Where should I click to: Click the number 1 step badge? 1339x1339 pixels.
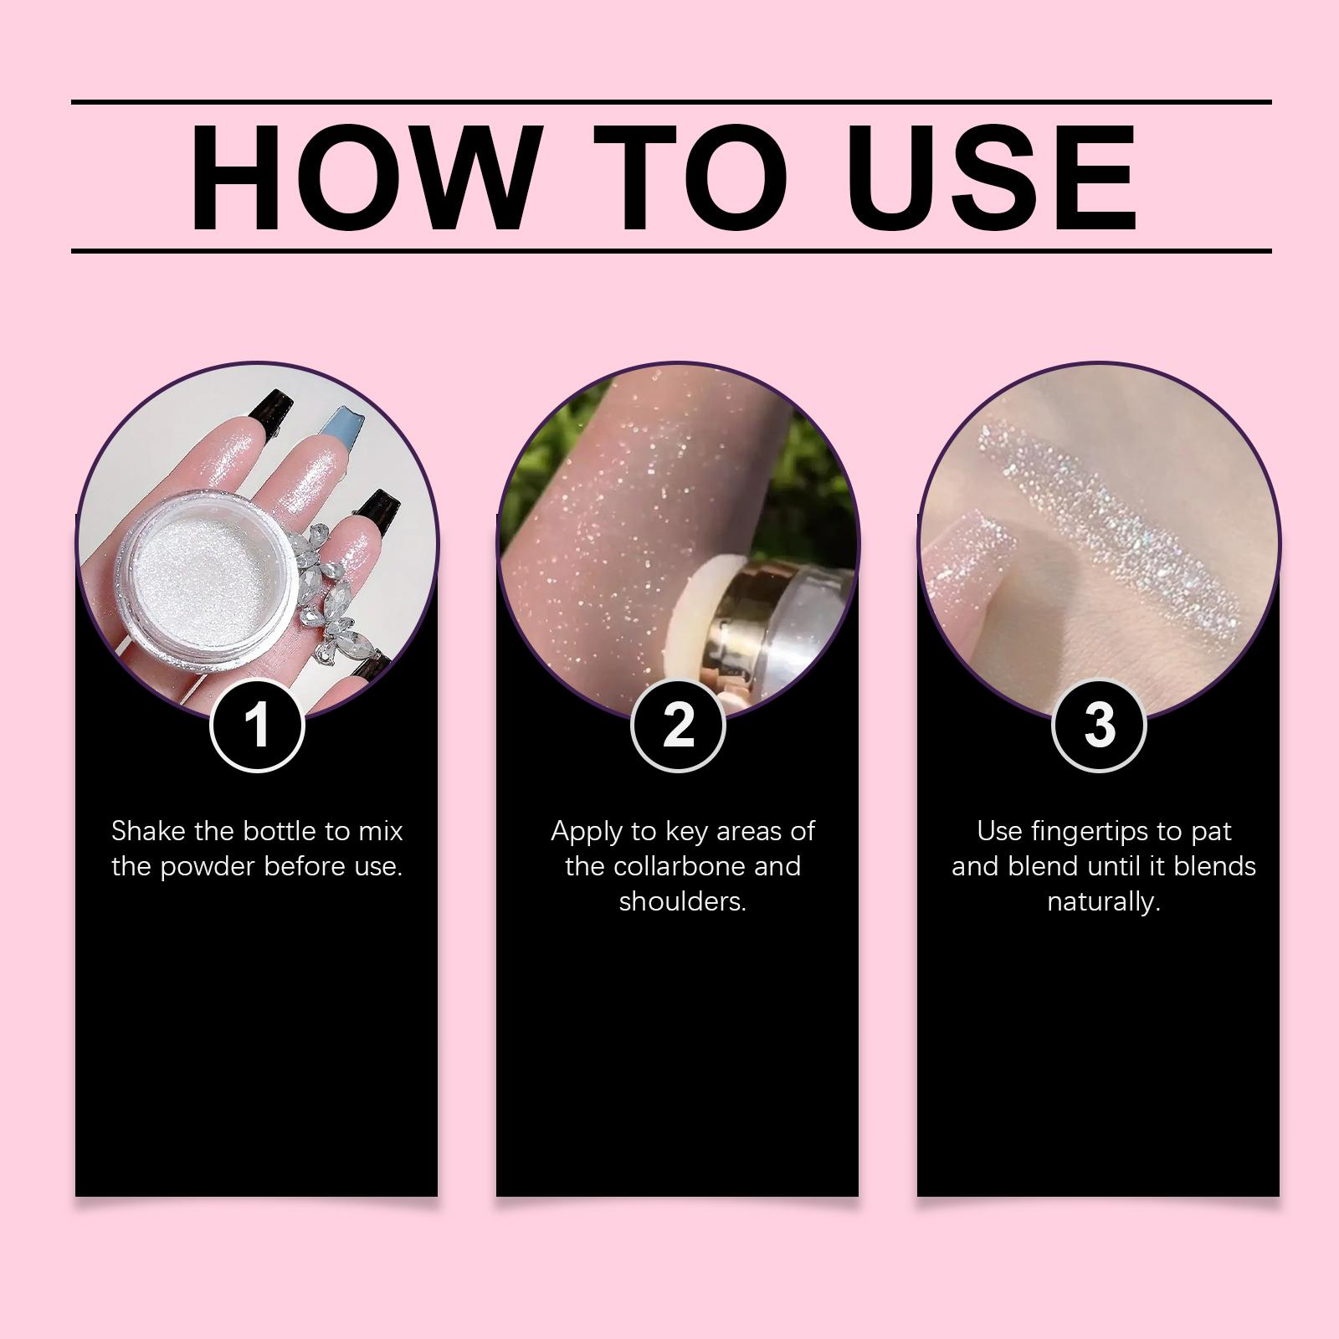point(257,723)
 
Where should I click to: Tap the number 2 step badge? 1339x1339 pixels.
point(678,723)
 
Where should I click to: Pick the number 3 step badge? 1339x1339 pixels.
point(1099,723)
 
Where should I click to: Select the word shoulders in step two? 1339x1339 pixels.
point(682,902)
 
